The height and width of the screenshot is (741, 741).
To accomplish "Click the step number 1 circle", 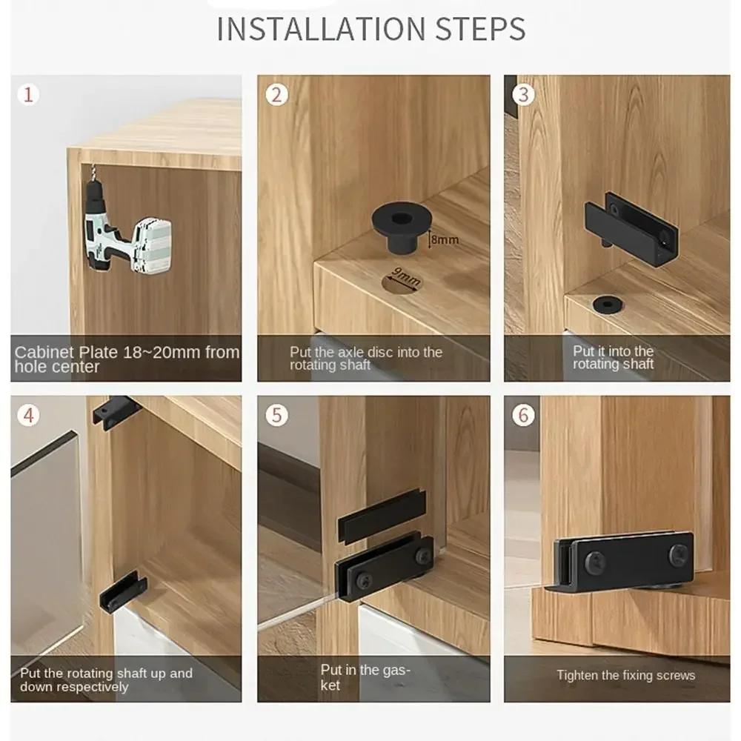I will [28, 95].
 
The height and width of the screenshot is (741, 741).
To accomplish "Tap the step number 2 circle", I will [277, 95].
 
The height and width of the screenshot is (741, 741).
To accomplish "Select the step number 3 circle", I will [524, 95].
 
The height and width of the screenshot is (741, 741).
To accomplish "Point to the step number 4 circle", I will [29, 415].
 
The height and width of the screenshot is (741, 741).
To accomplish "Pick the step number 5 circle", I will [277, 415].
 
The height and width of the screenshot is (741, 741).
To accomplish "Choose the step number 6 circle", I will [524, 415].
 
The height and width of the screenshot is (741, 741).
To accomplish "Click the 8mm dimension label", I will [445, 239].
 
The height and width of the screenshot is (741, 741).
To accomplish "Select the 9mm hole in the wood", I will [401, 281].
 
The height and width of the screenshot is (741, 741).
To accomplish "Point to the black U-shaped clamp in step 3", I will [631, 223].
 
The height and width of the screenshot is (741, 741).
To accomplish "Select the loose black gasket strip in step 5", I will [382, 514].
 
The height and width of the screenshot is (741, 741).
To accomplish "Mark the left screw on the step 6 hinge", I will [594, 564].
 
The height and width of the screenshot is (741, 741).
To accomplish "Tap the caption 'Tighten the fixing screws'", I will [626, 675].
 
